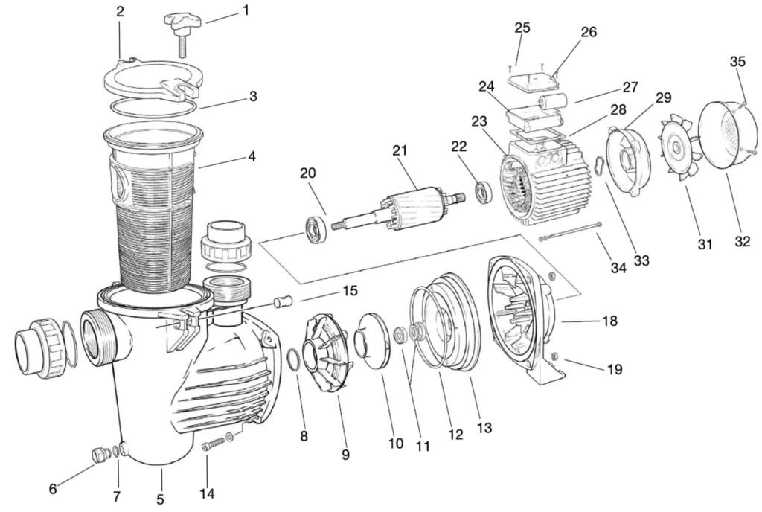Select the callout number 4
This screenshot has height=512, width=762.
tap(252, 157)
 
